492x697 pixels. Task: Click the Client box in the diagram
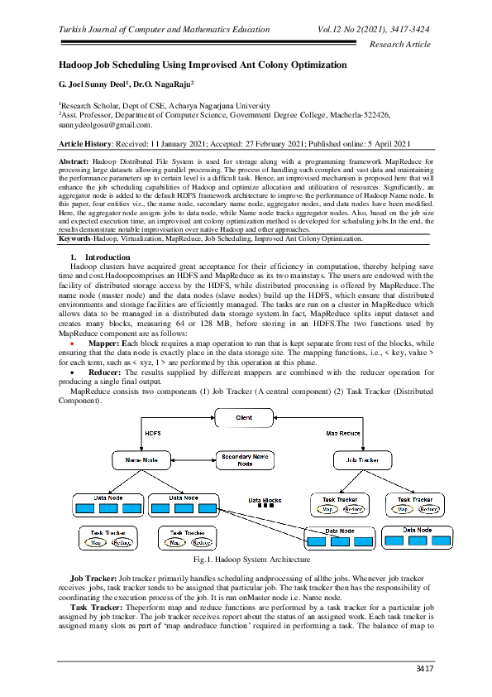point(244,418)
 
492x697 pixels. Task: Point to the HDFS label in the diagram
point(153,433)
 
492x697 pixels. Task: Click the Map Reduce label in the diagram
point(342,433)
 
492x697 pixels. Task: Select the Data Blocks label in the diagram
point(265,501)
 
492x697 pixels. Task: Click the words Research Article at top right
point(400,44)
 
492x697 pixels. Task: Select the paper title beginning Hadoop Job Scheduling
point(203,65)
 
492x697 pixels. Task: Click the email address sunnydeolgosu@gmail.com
point(105,125)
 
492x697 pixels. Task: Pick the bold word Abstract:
point(74,158)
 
